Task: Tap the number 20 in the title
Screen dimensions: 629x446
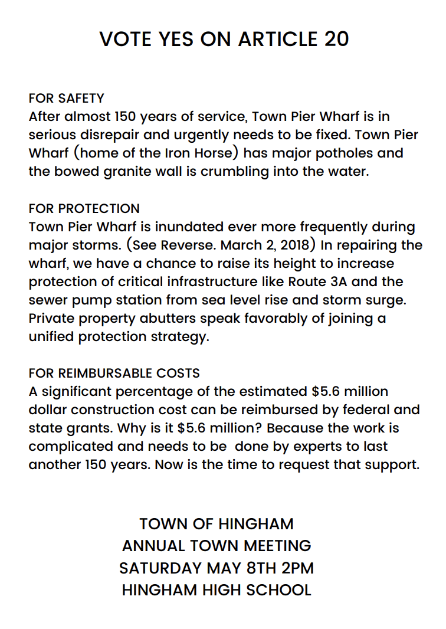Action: point(336,39)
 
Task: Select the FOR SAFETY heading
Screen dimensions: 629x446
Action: point(66,98)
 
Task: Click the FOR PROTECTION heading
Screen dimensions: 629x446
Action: point(84,208)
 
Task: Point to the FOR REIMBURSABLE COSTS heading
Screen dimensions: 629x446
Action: point(114,373)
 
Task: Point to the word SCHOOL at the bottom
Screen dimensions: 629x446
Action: point(279,589)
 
